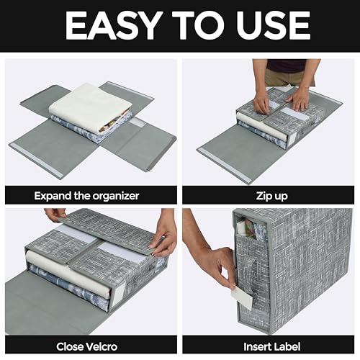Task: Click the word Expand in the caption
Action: coord(55,195)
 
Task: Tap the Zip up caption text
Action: coord(268,195)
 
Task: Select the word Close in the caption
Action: coord(71,346)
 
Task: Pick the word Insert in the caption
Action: coord(253,346)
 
